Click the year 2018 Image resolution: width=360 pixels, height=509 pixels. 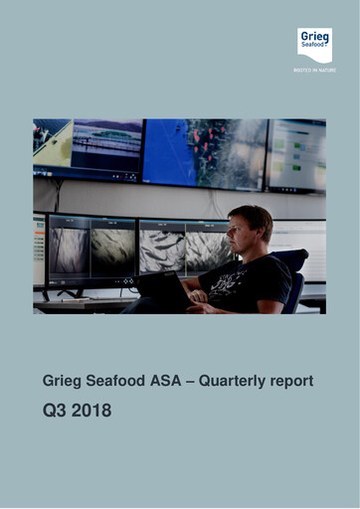pyautogui.click(x=93, y=409)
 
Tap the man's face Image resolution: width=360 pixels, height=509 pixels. pyautogui.click(x=242, y=236)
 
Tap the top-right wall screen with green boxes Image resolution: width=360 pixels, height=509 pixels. pyautogui.click(x=296, y=154)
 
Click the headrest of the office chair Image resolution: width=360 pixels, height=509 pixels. pyautogui.click(x=290, y=260)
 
